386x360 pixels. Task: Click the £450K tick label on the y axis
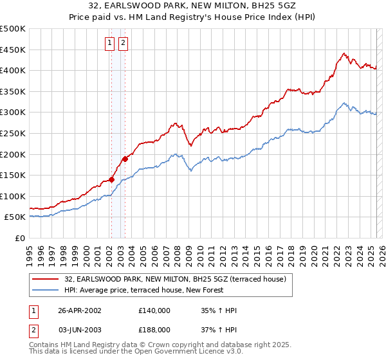click(x=14, y=50)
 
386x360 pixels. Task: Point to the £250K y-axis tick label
click(x=14, y=133)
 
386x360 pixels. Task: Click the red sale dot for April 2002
click(x=111, y=179)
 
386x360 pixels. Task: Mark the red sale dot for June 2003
click(x=124, y=159)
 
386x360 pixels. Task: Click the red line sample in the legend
click(x=44, y=279)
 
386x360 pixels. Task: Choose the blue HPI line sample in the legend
click(x=44, y=291)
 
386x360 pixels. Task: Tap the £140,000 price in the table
click(x=154, y=310)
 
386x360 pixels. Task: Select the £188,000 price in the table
click(x=154, y=329)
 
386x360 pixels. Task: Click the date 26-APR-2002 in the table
click(x=80, y=310)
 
